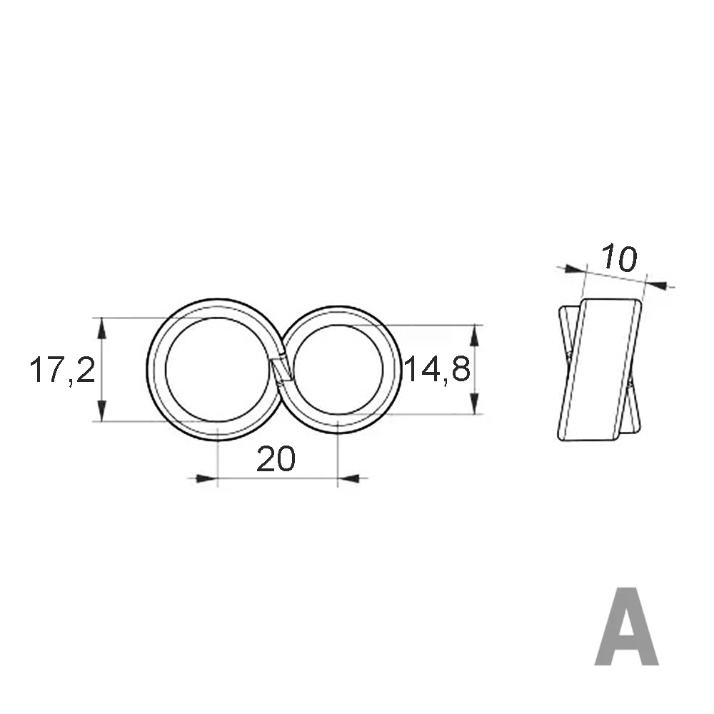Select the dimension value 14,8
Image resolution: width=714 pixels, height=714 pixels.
(437, 370)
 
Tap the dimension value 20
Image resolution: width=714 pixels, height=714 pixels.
(276, 459)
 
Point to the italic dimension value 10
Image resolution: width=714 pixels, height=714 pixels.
(618, 258)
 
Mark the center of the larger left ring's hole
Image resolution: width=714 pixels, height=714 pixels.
(217, 369)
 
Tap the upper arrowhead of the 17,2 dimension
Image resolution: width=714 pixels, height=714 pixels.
(102, 328)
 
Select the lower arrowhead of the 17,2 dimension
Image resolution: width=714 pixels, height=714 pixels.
(102, 411)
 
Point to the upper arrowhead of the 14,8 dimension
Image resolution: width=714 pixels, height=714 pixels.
(473, 336)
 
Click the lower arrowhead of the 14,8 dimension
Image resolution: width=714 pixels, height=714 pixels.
(473, 403)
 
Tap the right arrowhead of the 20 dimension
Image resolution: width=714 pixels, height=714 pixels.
(349, 478)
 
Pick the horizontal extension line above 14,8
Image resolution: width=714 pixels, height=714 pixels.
(428, 325)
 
